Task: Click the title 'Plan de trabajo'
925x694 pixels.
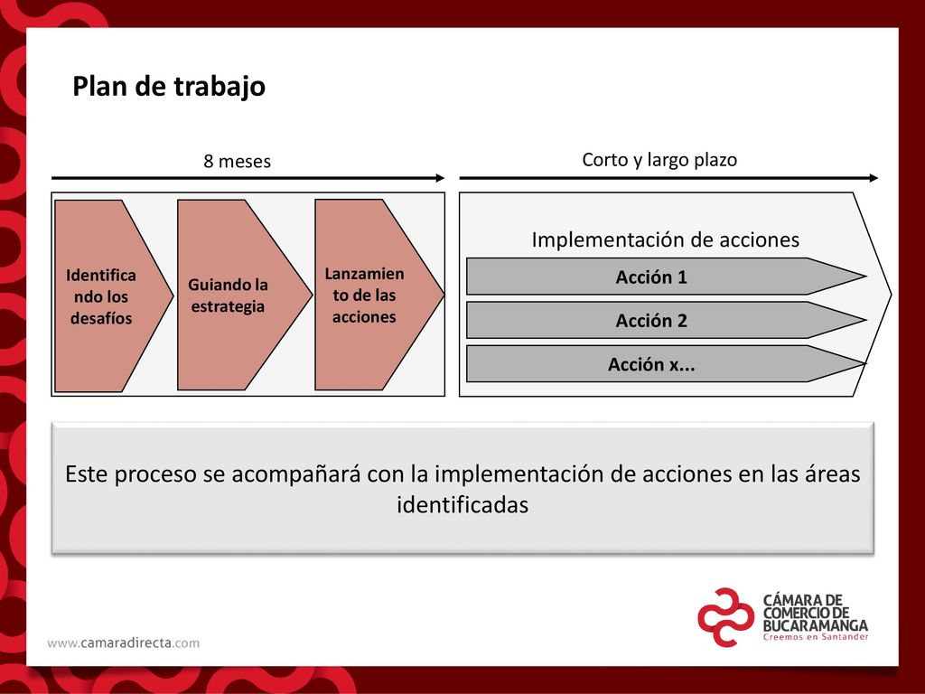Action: click(x=169, y=86)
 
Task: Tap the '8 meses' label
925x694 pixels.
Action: click(x=238, y=161)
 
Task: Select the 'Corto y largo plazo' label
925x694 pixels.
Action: click(x=659, y=160)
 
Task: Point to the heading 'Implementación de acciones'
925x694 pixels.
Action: click(x=666, y=239)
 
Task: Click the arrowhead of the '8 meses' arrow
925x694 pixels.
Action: click(x=440, y=178)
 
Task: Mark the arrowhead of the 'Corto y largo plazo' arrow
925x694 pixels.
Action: click(x=874, y=178)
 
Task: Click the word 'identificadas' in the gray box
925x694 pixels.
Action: click(x=462, y=505)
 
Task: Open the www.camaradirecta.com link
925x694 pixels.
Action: click(x=123, y=642)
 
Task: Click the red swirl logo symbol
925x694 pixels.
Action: click(x=725, y=617)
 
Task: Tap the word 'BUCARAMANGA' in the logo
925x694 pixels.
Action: click(x=816, y=625)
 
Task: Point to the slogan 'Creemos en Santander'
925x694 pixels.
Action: click(x=816, y=637)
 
